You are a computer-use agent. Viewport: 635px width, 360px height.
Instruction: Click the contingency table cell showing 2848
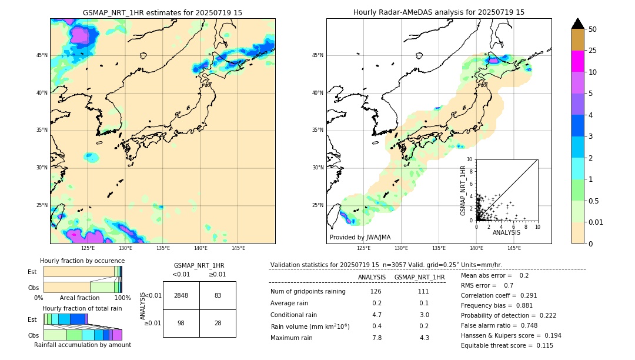coord(181,295)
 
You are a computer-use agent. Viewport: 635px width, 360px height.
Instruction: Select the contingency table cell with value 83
coord(218,295)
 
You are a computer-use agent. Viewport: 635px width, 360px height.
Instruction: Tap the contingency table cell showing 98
coord(181,323)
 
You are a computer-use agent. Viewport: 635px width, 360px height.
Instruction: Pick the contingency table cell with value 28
coord(218,323)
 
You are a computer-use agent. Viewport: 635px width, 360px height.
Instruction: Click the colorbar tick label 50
coord(593,29)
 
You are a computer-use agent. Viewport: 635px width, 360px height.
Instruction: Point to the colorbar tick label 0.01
coord(596,222)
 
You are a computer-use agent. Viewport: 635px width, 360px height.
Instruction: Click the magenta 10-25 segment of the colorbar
coord(578,61)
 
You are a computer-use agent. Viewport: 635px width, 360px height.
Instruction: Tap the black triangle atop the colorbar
coord(578,24)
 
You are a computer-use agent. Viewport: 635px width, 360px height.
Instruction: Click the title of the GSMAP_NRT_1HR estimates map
coord(162,12)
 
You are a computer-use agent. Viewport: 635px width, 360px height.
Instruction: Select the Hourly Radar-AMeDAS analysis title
coord(439,12)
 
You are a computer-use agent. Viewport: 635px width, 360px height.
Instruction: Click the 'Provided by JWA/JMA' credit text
coord(360,238)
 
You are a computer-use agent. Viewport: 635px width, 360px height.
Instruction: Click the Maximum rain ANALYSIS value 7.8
coord(376,338)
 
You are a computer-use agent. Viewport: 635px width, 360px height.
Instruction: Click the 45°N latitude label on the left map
coord(42,55)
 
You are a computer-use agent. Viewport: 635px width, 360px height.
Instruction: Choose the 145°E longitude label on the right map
coord(514,248)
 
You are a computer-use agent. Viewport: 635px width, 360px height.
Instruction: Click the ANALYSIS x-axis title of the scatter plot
coord(506,232)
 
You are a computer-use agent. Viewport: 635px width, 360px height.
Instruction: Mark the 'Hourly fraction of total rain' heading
coord(82,309)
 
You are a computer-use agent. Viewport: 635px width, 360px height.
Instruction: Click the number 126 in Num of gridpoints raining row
coord(376,292)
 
